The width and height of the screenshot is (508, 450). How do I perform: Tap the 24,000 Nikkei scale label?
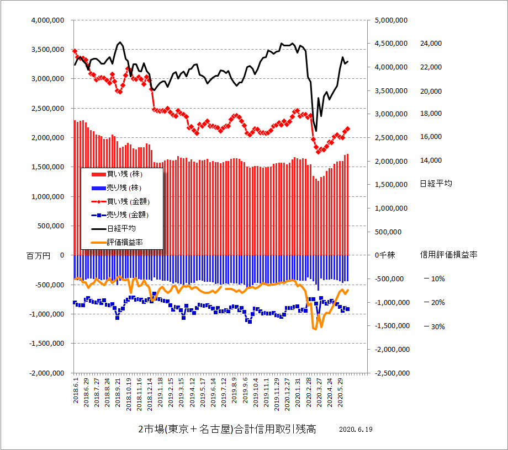tap(432, 44)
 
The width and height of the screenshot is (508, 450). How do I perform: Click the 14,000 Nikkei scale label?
tap(432, 160)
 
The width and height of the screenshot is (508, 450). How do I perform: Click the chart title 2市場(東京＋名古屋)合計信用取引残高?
tap(227, 430)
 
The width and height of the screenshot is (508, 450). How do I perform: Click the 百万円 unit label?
tap(38, 255)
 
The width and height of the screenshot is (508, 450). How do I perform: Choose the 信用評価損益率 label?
tap(448, 255)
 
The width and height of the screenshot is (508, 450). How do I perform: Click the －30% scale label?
tap(434, 326)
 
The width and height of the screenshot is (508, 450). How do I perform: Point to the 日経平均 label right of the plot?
tap(436, 184)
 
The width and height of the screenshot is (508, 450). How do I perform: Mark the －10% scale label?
tap(434, 279)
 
